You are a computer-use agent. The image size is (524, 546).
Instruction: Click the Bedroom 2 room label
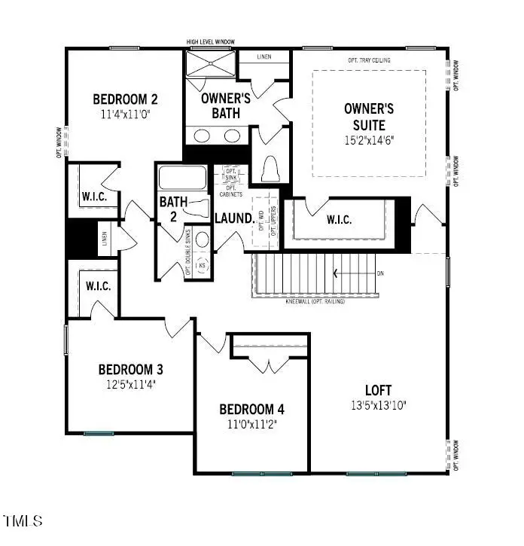pyautogui.click(x=125, y=99)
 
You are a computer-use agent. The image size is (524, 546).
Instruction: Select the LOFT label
pyautogui.click(x=379, y=390)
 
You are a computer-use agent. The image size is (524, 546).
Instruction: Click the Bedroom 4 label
pyautogui.click(x=252, y=409)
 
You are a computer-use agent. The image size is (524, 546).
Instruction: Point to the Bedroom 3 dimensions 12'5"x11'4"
pyautogui.click(x=131, y=383)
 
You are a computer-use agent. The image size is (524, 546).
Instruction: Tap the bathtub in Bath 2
pyautogui.click(x=182, y=179)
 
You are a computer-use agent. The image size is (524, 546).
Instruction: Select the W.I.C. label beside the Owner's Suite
pyautogui.click(x=343, y=220)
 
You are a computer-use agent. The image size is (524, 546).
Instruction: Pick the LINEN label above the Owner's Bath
pyautogui.click(x=264, y=57)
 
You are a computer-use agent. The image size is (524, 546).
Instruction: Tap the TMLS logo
pyautogui.click(x=23, y=520)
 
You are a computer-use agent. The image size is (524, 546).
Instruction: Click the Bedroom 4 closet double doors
pyautogui.click(x=269, y=366)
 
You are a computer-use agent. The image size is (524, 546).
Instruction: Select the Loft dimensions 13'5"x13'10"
pyautogui.click(x=379, y=404)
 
